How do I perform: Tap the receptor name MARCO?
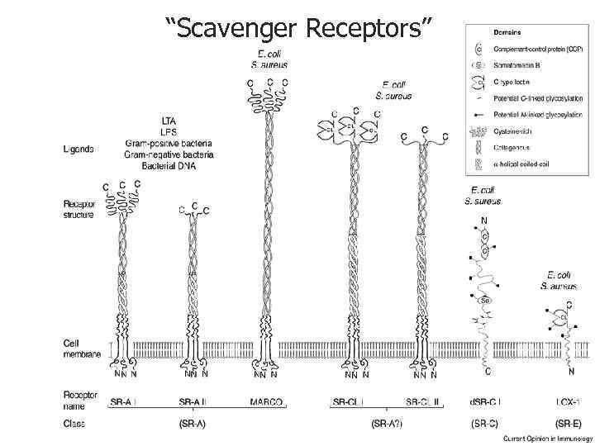tap(266, 402)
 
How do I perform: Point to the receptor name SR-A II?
tap(196, 402)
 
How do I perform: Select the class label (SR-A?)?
tap(388, 424)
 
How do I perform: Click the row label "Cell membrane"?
tap(82, 349)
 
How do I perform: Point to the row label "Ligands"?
tap(78, 149)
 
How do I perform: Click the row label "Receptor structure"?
tap(80, 208)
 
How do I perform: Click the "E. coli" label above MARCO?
tap(266, 55)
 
